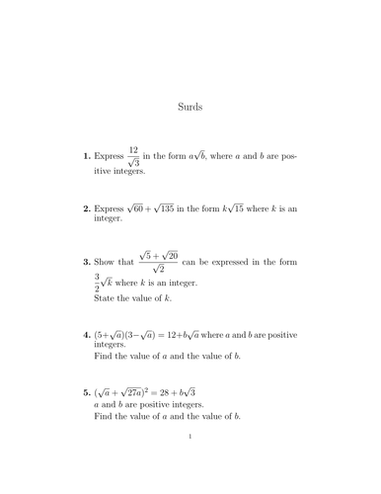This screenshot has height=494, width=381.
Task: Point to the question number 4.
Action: click(87, 335)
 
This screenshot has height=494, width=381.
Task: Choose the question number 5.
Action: click(87, 393)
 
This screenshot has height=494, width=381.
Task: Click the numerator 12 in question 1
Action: click(133, 149)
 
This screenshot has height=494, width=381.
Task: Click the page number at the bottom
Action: click(190, 460)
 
